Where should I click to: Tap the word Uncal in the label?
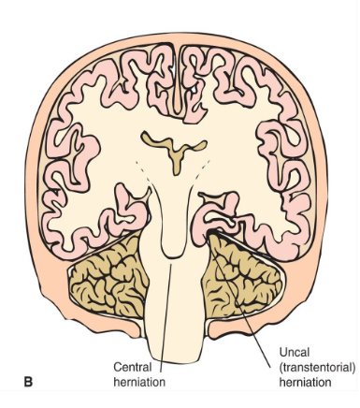pyautogui.click(x=295, y=353)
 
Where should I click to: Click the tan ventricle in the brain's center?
pyautogui.click(x=173, y=149)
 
